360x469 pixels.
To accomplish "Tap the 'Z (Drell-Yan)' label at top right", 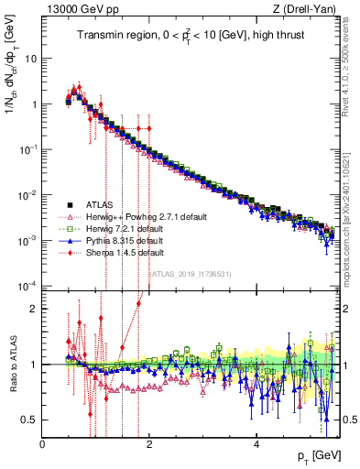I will (309, 10).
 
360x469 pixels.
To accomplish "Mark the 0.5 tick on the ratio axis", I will (30, 420).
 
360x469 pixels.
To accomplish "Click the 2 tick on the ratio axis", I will (34, 308).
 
